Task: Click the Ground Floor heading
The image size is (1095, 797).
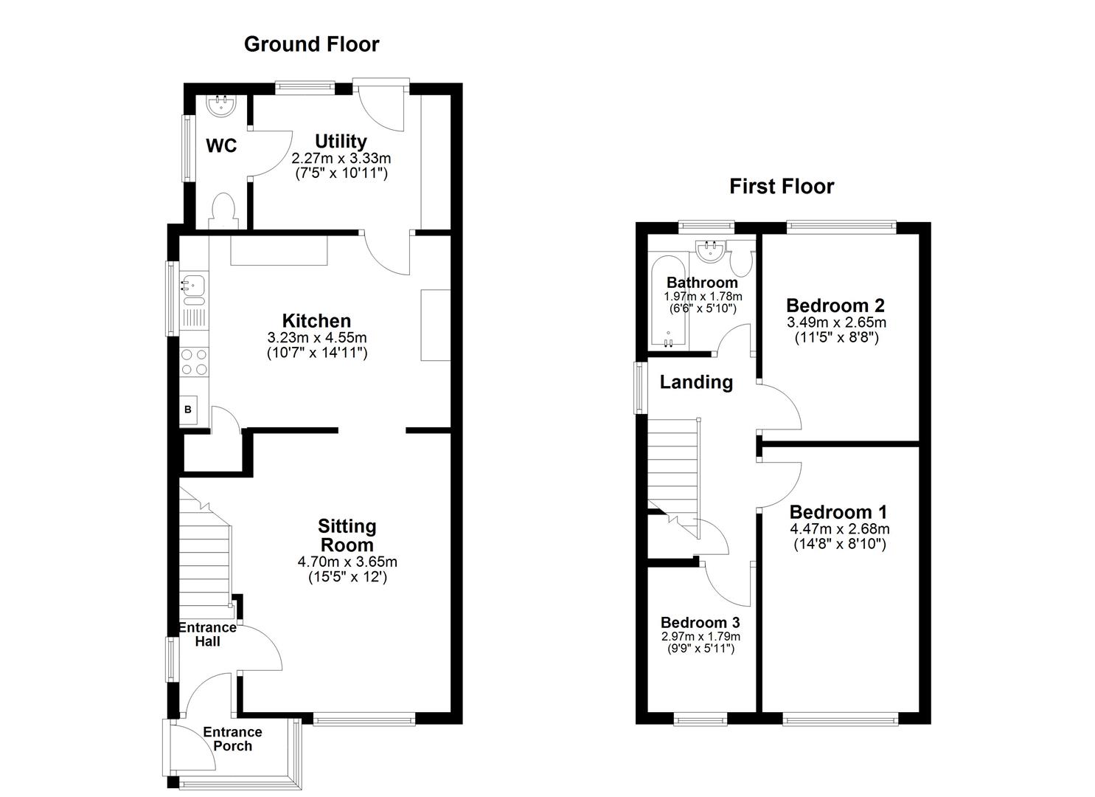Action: (311, 44)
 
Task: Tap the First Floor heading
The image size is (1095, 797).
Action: (782, 186)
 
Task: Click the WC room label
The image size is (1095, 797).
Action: (221, 146)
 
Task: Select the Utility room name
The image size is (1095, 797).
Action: (341, 141)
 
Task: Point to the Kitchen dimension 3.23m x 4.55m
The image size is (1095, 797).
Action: (317, 338)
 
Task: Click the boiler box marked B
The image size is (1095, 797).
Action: (189, 410)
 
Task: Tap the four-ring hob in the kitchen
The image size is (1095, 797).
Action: (195, 361)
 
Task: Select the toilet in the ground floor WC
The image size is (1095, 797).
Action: (222, 209)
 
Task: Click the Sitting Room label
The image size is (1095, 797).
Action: (347, 536)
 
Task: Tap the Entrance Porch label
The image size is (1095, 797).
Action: (232, 739)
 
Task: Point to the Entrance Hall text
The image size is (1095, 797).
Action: (208, 634)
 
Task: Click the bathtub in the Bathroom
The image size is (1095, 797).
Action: (668, 303)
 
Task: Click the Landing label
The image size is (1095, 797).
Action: (696, 382)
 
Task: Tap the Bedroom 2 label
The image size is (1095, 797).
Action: (835, 306)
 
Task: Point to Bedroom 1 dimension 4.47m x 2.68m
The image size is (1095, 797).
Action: (840, 529)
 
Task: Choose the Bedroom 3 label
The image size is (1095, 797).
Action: (700, 622)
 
